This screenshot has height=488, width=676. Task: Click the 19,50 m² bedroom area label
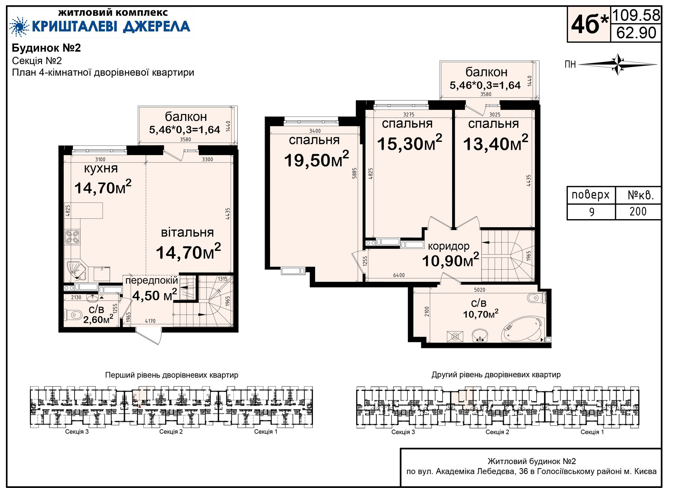coord(317,160)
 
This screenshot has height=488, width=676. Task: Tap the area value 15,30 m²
coord(409,143)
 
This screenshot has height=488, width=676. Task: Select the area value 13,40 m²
coord(496,143)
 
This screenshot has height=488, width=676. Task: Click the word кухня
coord(101,169)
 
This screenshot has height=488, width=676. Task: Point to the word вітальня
coord(187,233)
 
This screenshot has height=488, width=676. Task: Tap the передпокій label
coord(152,280)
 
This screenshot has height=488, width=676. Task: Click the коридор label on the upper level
coord(449,246)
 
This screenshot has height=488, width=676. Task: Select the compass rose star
coord(618,64)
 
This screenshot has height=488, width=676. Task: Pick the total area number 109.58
coord(636,15)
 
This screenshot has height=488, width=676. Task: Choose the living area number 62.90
coord(636,33)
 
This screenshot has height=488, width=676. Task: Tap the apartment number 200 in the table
coord(638,211)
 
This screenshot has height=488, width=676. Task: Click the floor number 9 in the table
coord(592,212)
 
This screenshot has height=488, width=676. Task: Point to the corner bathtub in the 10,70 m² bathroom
coord(523,329)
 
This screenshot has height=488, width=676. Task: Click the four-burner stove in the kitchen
coord(73,237)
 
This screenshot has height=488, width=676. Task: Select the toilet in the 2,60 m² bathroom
coord(73,315)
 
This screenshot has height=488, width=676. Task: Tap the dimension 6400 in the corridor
coord(399,275)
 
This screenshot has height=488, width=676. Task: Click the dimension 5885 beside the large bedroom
coord(355,173)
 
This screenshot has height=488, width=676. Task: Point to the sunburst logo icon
coord(19,26)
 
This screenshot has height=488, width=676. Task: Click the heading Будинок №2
coord(46,48)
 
